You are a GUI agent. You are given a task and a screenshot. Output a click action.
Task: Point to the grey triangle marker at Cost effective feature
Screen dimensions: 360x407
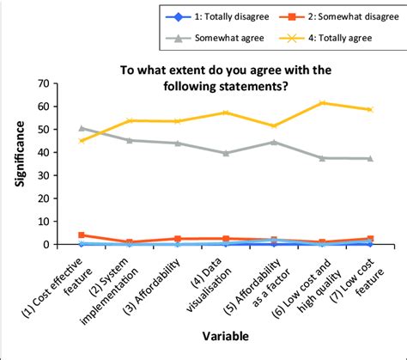point(82,128)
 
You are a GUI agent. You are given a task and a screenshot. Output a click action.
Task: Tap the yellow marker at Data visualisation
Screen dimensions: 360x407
point(226,113)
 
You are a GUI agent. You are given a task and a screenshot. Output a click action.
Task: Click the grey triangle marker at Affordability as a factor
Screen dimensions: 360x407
point(274,142)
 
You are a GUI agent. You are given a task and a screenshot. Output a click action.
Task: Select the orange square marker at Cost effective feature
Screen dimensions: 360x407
point(82,235)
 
